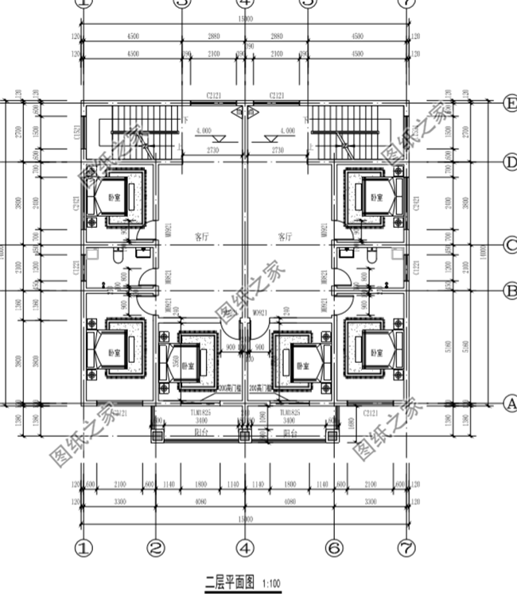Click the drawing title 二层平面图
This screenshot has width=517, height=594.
click(229, 582)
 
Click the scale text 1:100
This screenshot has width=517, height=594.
click(271, 583)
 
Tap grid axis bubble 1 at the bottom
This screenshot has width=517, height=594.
click(84, 547)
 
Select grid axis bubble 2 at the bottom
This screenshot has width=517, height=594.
click(156, 547)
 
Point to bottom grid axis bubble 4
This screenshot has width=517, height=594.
click(245, 547)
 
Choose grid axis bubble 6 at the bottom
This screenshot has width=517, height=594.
click(334, 547)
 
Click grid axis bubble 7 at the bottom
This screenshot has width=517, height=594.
click(406, 547)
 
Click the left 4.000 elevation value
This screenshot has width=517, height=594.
click(203, 129)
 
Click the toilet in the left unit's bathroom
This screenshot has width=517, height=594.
click(118, 256)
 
